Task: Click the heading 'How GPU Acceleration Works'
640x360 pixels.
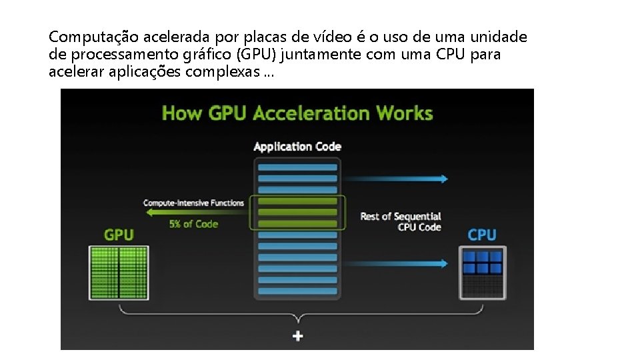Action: click(297, 113)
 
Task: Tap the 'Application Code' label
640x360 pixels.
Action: click(297, 147)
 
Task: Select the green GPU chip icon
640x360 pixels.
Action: click(119, 272)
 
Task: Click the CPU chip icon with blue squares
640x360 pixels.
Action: click(482, 272)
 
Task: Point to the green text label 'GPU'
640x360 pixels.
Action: click(119, 235)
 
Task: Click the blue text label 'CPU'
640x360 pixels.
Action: click(481, 235)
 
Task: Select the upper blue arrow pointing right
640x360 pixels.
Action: click(397, 178)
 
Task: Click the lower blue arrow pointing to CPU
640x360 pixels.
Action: click(397, 263)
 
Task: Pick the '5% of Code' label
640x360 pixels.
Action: click(193, 224)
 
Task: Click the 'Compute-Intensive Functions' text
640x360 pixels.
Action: click(194, 202)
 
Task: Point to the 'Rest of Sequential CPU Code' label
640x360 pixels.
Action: click(401, 221)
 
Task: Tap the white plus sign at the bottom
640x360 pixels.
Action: click(297, 336)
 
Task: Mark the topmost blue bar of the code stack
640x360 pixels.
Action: click(297, 167)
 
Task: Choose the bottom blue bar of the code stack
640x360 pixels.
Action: click(297, 291)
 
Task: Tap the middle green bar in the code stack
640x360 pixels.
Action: click(297, 212)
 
